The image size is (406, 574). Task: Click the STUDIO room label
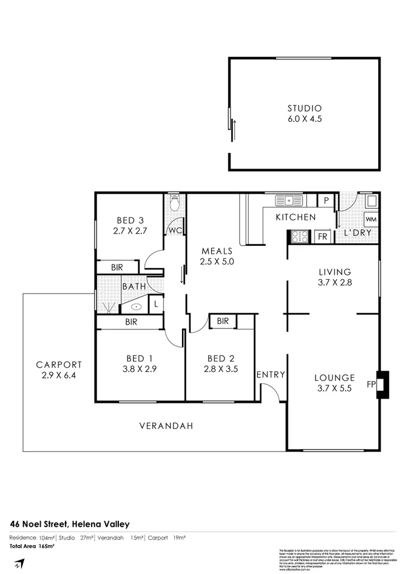coord(304,109)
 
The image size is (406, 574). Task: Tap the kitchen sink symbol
coord(289,200)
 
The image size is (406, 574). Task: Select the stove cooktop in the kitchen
coord(299,237)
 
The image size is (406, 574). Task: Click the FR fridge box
coord(322,237)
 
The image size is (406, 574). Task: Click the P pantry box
coord(326,200)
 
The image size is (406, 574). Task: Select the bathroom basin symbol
coord(137,306)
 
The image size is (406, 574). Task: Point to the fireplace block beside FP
coord(382,384)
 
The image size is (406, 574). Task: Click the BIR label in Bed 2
coord(223,321)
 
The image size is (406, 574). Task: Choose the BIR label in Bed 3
coord(117,267)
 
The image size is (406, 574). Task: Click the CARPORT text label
coord(58,365)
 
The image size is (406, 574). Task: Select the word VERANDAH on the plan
coord(166,426)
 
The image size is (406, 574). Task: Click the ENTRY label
coord(270,375)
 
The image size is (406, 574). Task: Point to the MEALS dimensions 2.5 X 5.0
coord(217,262)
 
